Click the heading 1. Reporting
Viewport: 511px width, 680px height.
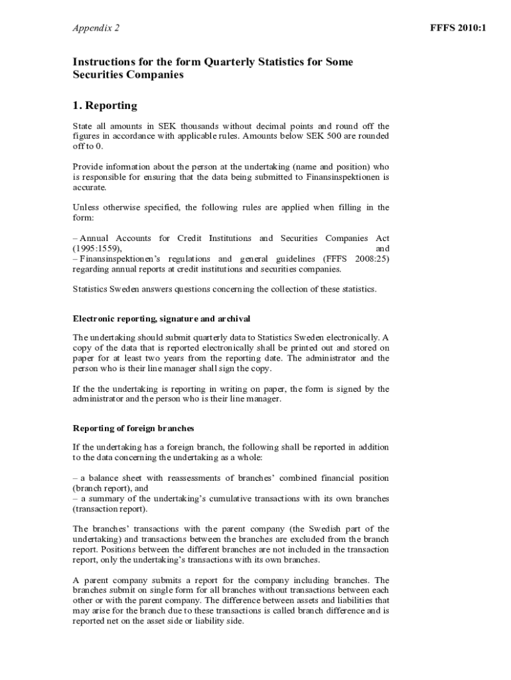coord(105,106)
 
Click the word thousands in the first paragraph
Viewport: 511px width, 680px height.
coord(196,126)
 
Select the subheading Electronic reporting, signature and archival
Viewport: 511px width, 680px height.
coord(161,319)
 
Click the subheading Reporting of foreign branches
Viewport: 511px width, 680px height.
coord(133,428)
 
